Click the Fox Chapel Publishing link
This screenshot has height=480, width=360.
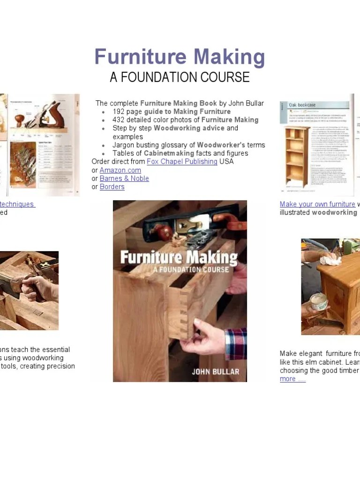point(182,161)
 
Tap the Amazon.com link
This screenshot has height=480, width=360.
point(120,170)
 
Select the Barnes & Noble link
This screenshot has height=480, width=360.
point(124,179)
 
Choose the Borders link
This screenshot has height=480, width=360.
point(112,187)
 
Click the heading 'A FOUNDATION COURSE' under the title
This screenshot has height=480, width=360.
point(180,77)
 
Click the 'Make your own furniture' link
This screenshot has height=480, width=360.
point(317,204)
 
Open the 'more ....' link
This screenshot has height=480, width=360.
point(292,379)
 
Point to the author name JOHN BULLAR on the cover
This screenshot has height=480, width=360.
point(215,372)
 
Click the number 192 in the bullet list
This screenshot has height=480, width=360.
point(119,112)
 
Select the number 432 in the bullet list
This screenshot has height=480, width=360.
point(119,120)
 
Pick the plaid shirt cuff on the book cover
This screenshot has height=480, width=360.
point(236,343)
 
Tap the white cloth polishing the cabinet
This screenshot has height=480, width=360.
point(331,258)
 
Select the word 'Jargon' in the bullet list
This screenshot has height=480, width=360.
point(124,145)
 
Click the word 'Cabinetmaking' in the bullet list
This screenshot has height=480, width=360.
point(169,153)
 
